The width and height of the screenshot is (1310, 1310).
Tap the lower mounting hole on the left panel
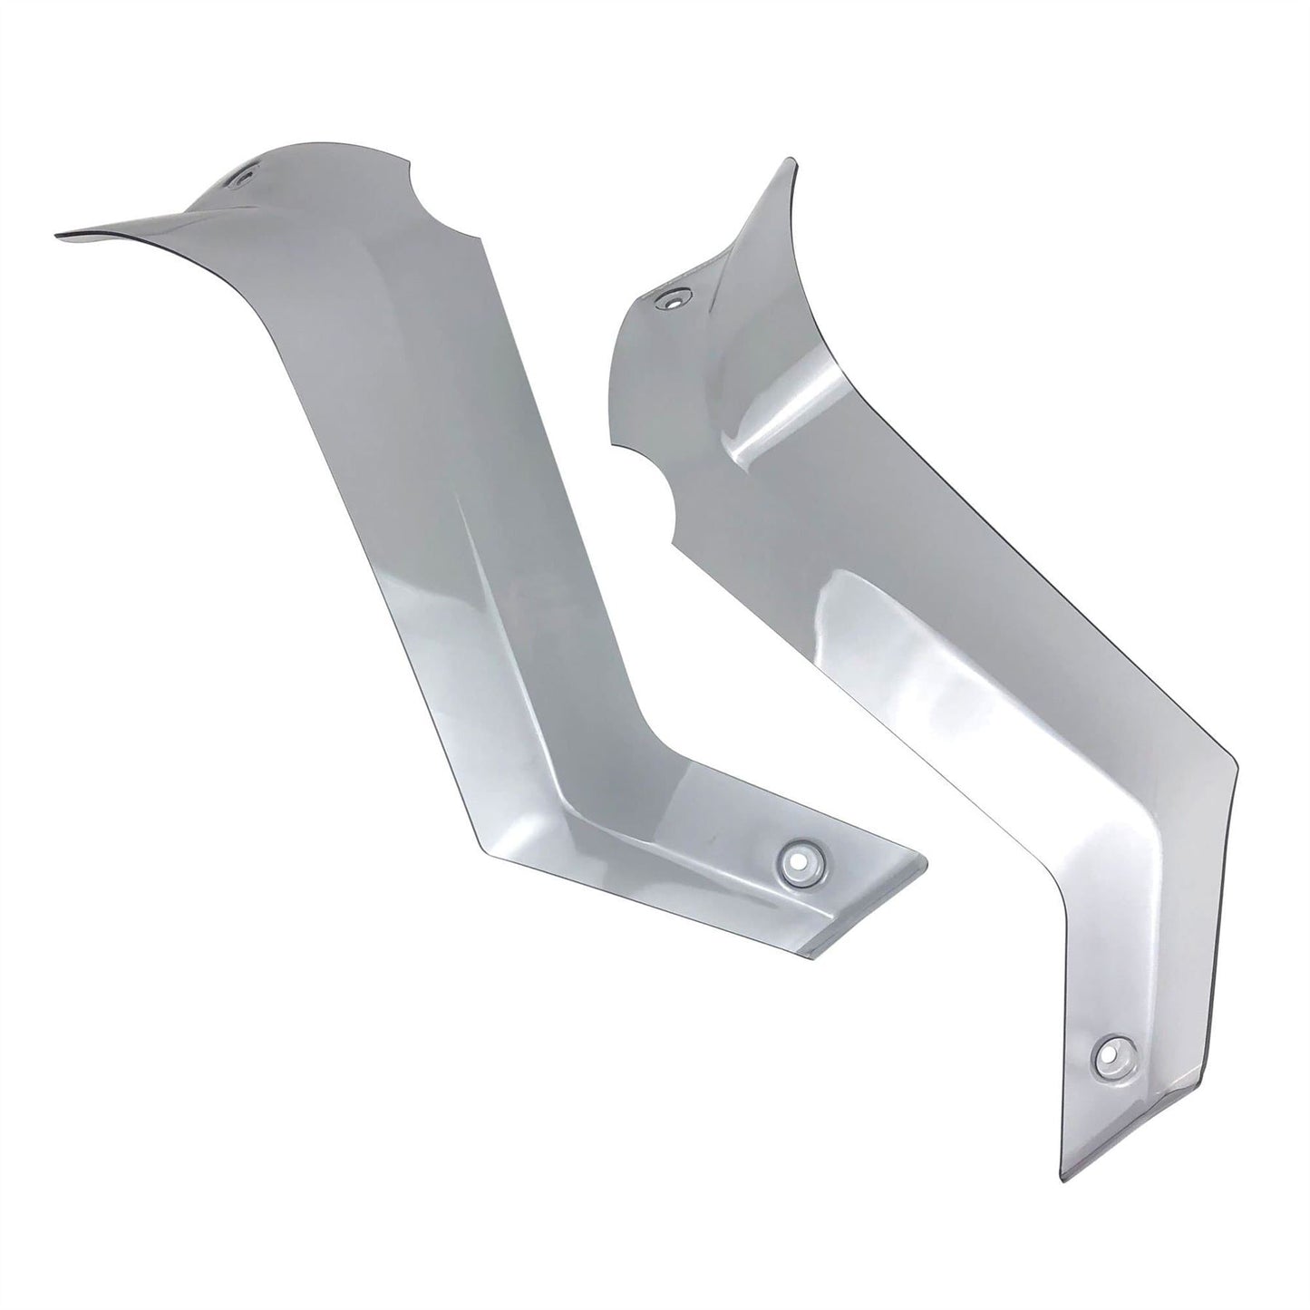(800, 856)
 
